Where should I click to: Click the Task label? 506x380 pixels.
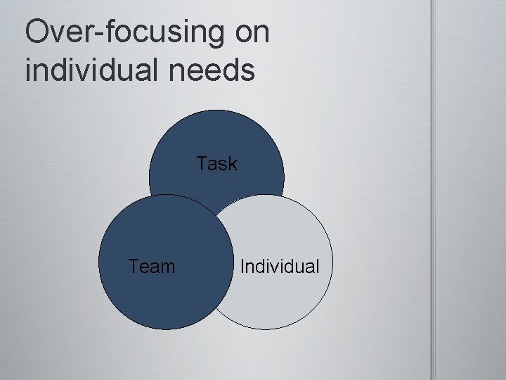click(217, 164)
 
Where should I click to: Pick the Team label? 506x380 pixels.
click(152, 267)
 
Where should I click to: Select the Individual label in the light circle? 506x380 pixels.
click(280, 267)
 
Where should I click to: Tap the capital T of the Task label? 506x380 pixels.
click(202, 164)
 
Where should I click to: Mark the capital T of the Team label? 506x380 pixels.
click(134, 267)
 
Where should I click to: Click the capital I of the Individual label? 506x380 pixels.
click(242, 267)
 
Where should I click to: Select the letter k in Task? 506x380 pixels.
click(233, 164)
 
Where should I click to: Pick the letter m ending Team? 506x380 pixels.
click(168, 268)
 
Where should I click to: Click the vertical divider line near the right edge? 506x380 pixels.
click(433, 190)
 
